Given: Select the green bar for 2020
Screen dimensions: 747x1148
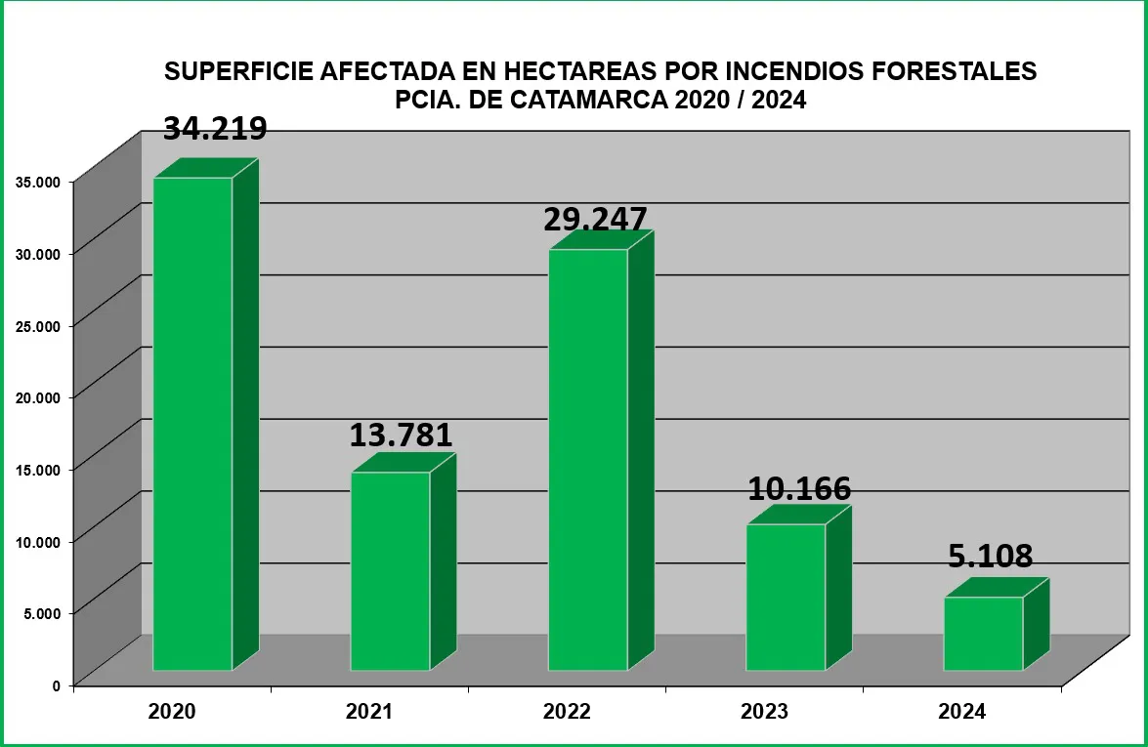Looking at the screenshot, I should coord(192,424).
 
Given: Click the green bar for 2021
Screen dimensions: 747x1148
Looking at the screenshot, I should coord(390,571).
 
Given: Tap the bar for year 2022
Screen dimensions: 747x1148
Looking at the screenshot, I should coord(587,460).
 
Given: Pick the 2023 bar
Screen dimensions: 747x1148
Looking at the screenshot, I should coord(786,597).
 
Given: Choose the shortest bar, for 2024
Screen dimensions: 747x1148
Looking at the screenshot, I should coord(983,634).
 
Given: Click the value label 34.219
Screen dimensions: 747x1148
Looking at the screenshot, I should coord(215,129).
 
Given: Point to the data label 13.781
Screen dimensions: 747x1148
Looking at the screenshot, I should coord(401,436).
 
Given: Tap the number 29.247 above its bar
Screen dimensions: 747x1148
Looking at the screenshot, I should coord(595,219).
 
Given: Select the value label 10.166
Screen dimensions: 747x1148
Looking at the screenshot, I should coord(799,489).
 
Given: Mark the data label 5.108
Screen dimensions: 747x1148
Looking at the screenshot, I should coord(990,557).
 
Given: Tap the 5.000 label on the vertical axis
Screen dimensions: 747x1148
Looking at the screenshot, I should coord(41,612).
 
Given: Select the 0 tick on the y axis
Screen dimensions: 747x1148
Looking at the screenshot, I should coord(57,685).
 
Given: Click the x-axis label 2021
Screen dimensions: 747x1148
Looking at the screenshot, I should coord(369,712).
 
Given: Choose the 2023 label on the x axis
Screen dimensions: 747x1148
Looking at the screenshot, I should coord(764,712).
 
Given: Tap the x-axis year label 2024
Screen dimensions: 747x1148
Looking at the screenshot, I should coord(962,712).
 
